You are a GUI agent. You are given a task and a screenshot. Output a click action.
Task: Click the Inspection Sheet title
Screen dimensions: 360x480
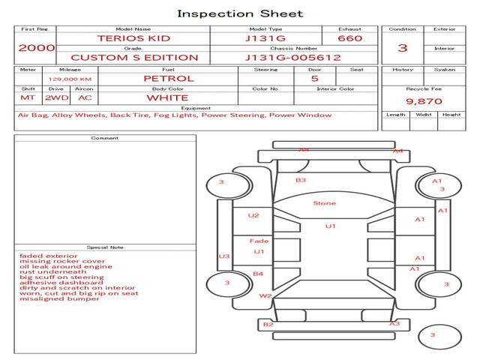240,13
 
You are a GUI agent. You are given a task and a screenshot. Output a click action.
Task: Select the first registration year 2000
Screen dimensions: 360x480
37,47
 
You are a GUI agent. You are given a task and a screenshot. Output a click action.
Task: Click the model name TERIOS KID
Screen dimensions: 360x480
133,38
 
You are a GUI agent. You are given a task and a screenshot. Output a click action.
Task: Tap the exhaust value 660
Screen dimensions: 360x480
349,38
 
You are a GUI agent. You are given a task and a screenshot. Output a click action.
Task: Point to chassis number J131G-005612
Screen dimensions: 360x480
292,58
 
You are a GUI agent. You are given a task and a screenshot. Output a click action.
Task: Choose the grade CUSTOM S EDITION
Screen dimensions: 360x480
134,58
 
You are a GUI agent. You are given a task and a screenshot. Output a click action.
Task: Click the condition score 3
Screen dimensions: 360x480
402,48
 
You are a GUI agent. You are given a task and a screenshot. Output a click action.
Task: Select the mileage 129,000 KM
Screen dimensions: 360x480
70,79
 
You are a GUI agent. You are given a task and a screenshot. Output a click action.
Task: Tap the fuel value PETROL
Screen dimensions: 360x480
169,78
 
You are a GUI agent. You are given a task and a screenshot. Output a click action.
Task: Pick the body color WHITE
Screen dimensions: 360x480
167,97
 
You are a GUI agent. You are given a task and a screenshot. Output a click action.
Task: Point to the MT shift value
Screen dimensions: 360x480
27,97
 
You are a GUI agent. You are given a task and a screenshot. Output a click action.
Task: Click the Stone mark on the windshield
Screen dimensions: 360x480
324,203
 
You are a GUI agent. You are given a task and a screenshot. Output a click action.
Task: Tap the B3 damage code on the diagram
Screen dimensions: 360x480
301,180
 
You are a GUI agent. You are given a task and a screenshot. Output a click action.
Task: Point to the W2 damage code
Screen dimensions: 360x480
265,295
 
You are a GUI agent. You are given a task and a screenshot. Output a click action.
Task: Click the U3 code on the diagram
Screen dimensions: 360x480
223,256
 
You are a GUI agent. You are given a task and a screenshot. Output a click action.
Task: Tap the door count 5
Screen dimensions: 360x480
314,78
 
